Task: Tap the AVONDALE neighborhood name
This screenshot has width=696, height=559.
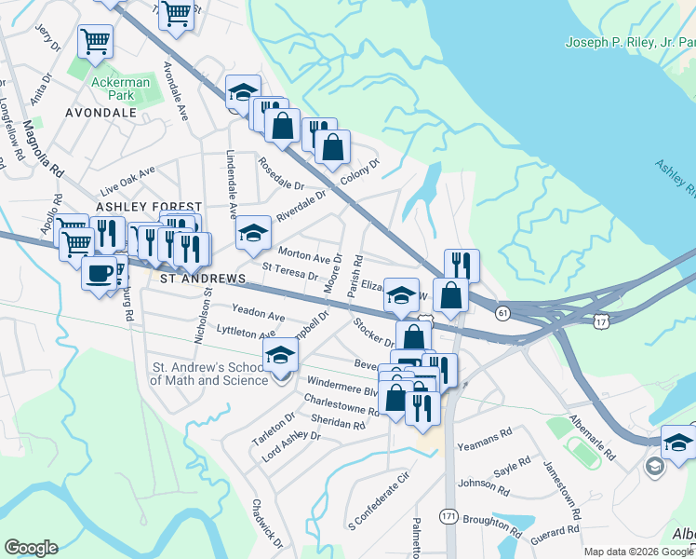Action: click(x=100, y=113)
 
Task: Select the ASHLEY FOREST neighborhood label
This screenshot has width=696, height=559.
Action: click(x=149, y=207)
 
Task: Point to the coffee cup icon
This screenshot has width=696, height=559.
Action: click(x=100, y=274)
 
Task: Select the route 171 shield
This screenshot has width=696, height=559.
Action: click(x=448, y=514)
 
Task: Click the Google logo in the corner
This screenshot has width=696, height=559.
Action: click(x=31, y=548)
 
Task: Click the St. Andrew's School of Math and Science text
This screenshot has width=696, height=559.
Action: click(x=210, y=373)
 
